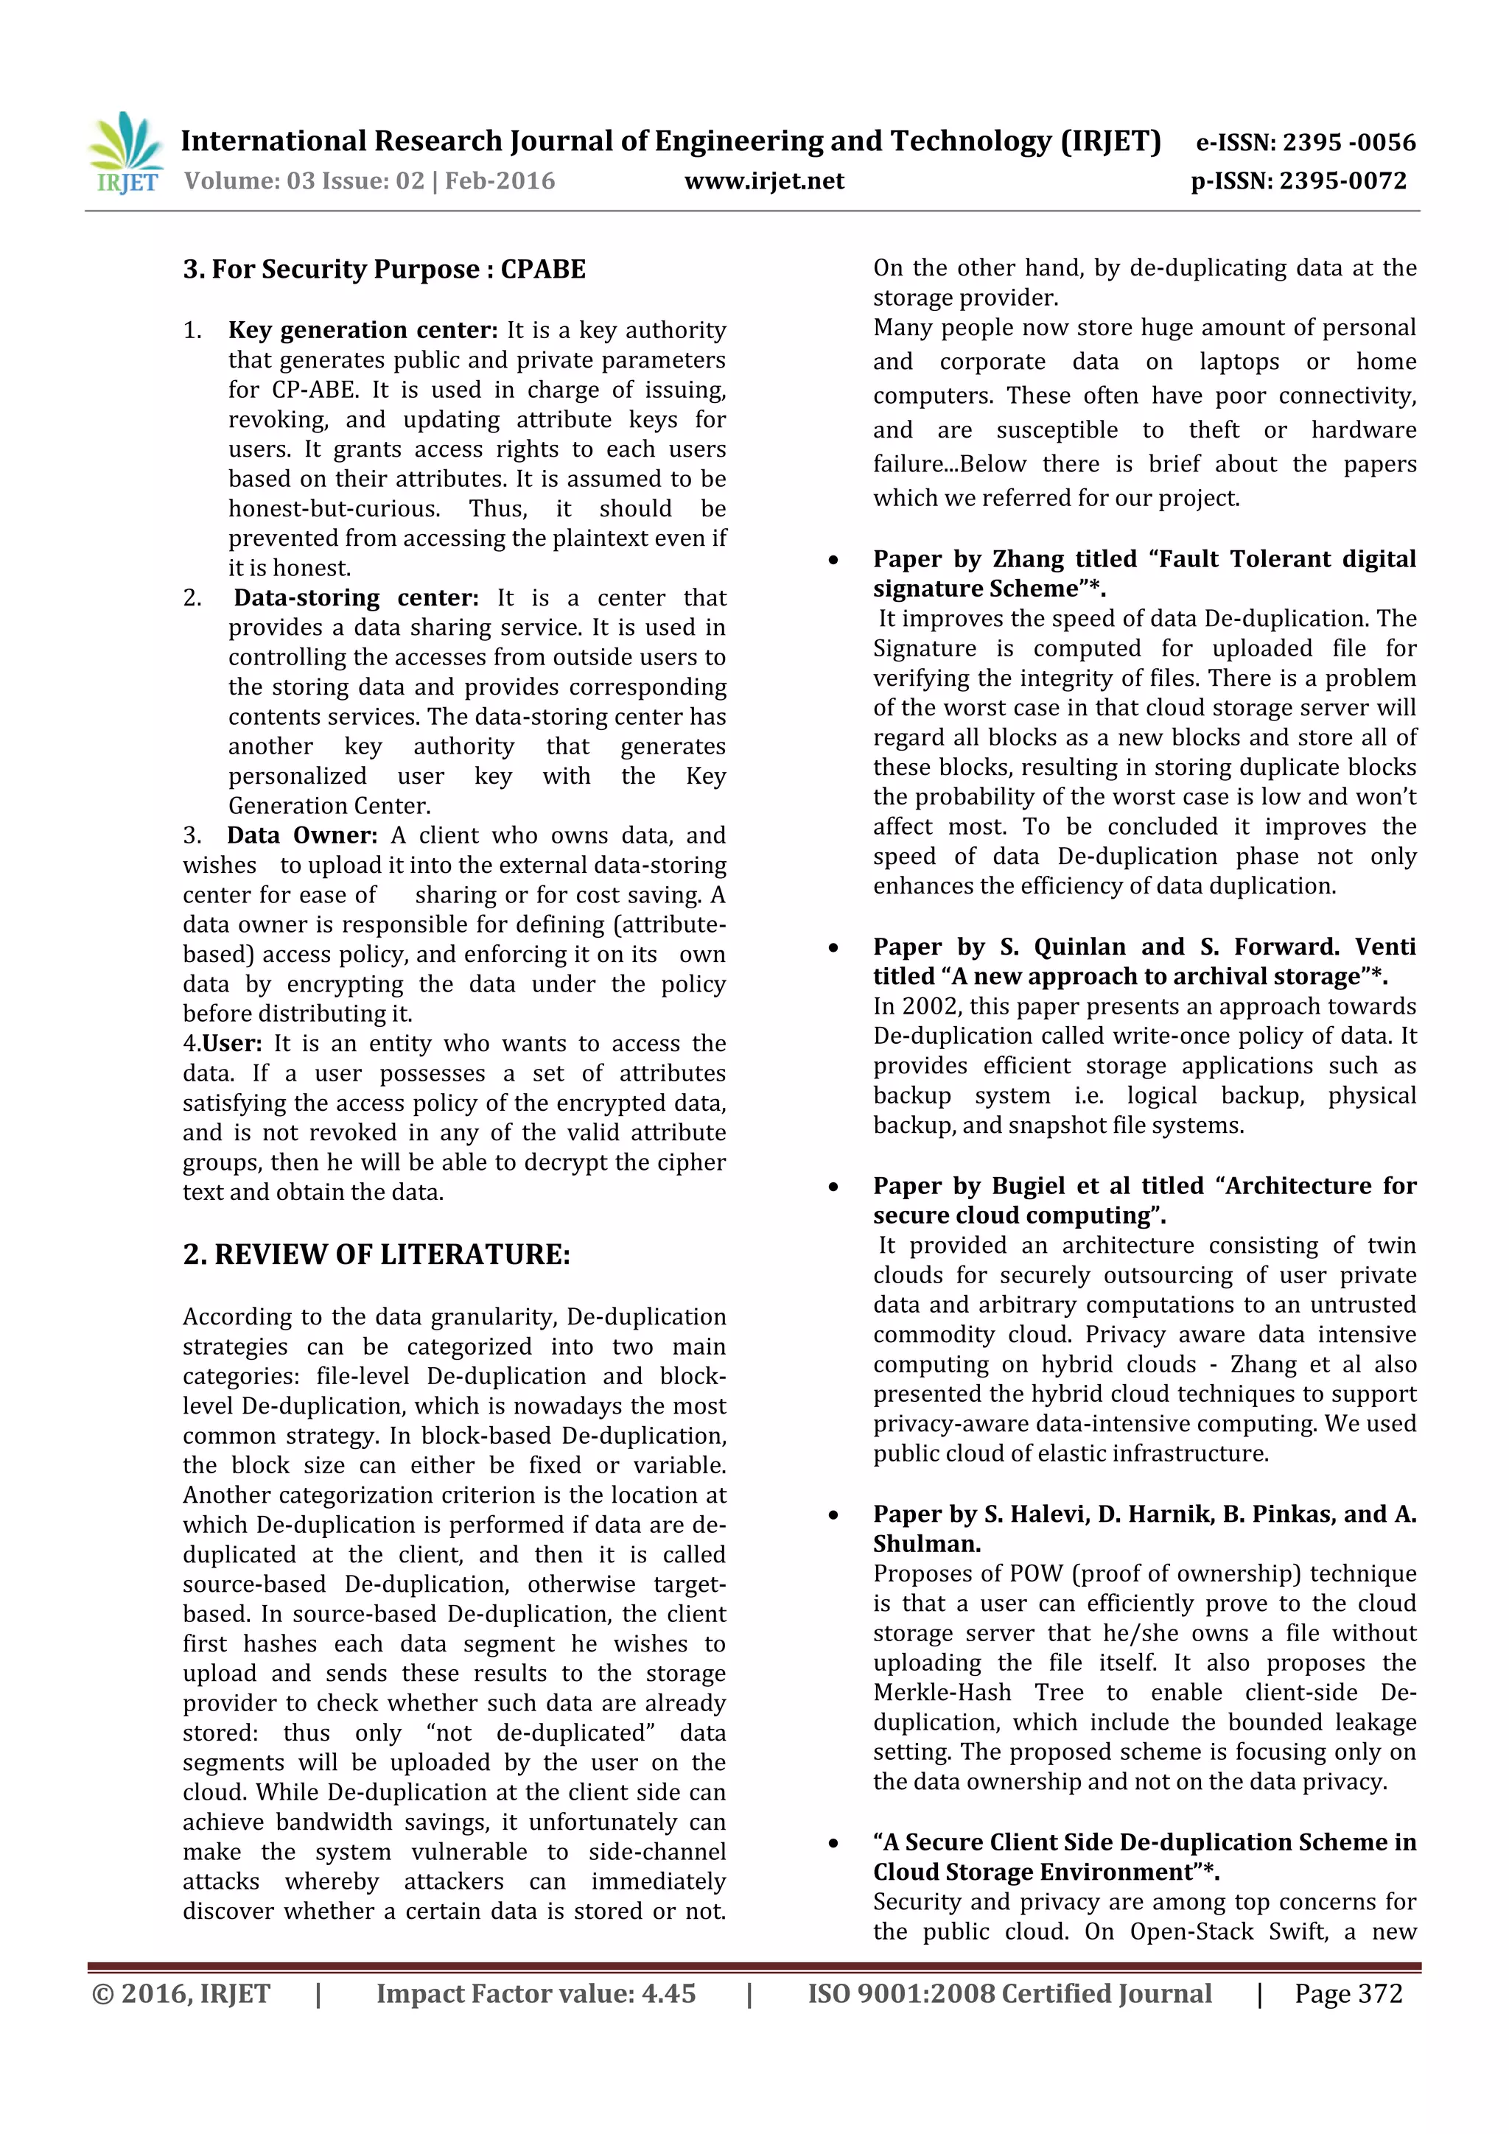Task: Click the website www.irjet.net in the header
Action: pos(763,181)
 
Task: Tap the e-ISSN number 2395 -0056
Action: pos(1348,142)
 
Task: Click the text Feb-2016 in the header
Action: pos(500,180)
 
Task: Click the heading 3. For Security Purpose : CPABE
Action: pos(384,270)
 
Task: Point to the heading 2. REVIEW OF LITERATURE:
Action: pos(377,1254)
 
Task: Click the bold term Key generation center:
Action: pos(363,330)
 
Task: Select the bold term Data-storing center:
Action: pos(355,597)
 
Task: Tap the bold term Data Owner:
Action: pos(302,835)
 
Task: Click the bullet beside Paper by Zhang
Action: pos(834,561)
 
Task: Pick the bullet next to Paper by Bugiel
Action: pos(834,1187)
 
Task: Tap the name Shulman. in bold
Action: pos(926,1544)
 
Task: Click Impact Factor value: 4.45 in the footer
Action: pos(536,1993)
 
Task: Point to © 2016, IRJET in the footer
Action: pos(181,1993)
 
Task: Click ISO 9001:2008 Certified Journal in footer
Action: pos(1009,1993)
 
